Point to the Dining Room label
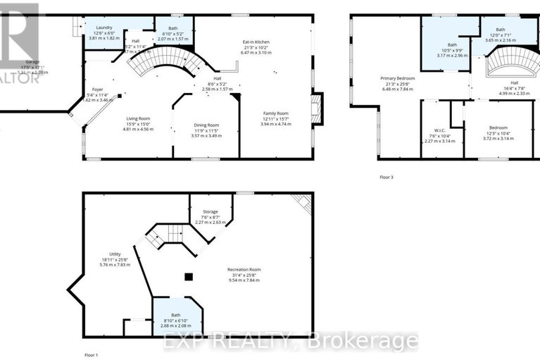click(x=207, y=125)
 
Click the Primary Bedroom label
click(x=398, y=78)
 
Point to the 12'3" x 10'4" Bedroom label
click(x=498, y=129)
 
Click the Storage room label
click(x=210, y=211)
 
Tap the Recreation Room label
click(x=244, y=270)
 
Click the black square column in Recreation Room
click(x=188, y=277)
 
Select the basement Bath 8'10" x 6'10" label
click(x=175, y=317)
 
